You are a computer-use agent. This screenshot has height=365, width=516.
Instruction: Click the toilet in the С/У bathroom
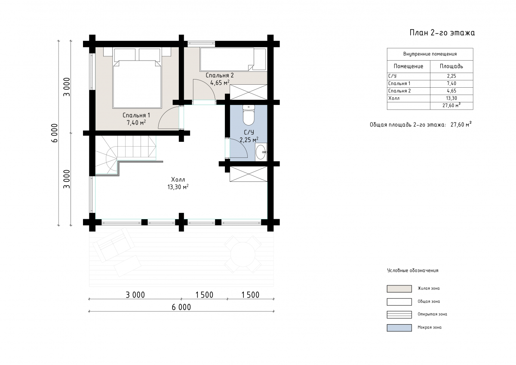pos(249,115)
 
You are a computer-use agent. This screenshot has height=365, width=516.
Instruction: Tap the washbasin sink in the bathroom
pos(261,152)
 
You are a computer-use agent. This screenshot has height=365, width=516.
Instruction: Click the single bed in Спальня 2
pos(227,59)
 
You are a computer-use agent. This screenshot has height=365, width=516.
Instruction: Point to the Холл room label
pos(178,180)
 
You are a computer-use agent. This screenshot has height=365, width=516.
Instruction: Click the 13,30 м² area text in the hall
pos(178,187)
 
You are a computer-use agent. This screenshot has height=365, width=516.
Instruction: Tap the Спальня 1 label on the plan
pos(136,115)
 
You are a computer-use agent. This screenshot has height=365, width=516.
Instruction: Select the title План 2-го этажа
pos(442,33)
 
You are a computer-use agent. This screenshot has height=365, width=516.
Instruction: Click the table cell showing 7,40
pos(451,83)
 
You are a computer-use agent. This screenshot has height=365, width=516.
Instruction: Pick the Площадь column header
pos(451,66)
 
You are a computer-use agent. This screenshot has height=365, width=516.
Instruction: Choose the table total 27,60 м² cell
pos(451,105)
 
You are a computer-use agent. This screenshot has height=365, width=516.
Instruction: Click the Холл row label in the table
pos(394,98)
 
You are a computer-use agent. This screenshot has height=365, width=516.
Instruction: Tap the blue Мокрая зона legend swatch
pos(399,328)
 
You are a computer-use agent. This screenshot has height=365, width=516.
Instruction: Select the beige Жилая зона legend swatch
pos(399,289)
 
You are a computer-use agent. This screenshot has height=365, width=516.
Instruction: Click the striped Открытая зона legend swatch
pos(399,315)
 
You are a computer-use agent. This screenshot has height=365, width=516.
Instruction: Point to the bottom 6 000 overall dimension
pos(181,307)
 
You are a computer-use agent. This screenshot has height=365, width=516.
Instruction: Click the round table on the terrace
pos(243,254)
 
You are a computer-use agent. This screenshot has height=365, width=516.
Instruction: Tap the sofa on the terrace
pos(114,244)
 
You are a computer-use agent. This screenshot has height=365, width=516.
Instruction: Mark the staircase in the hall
pos(126,154)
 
